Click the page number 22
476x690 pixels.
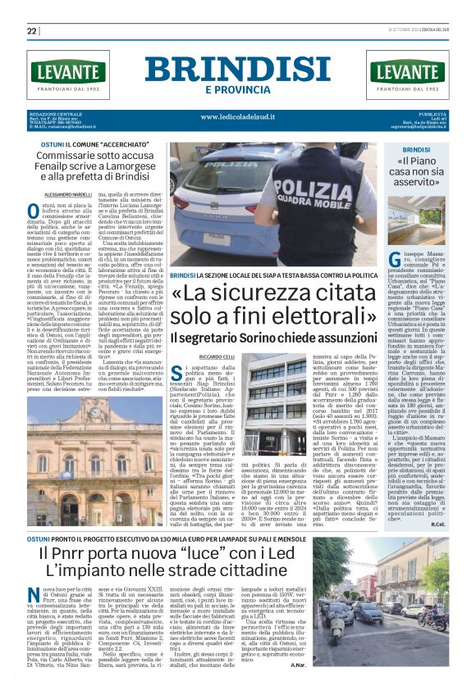[x=32, y=31]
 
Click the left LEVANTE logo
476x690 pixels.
[x=67, y=71]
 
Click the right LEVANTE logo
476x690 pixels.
[x=408, y=71]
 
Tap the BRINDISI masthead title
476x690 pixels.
[x=238, y=69]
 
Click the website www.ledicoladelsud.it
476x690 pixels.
[x=237, y=117]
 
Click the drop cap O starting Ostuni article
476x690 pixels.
[x=34, y=211]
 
